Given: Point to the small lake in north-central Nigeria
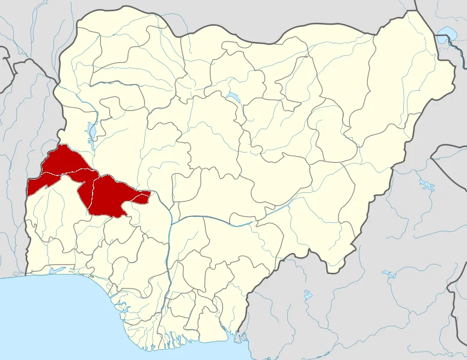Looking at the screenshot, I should pyautogui.click(x=231, y=97).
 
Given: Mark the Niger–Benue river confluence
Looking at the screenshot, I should pyautogui.click(x=172, y=223).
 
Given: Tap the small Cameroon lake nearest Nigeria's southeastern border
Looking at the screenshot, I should pyautogui.click(x=307, y=295).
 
